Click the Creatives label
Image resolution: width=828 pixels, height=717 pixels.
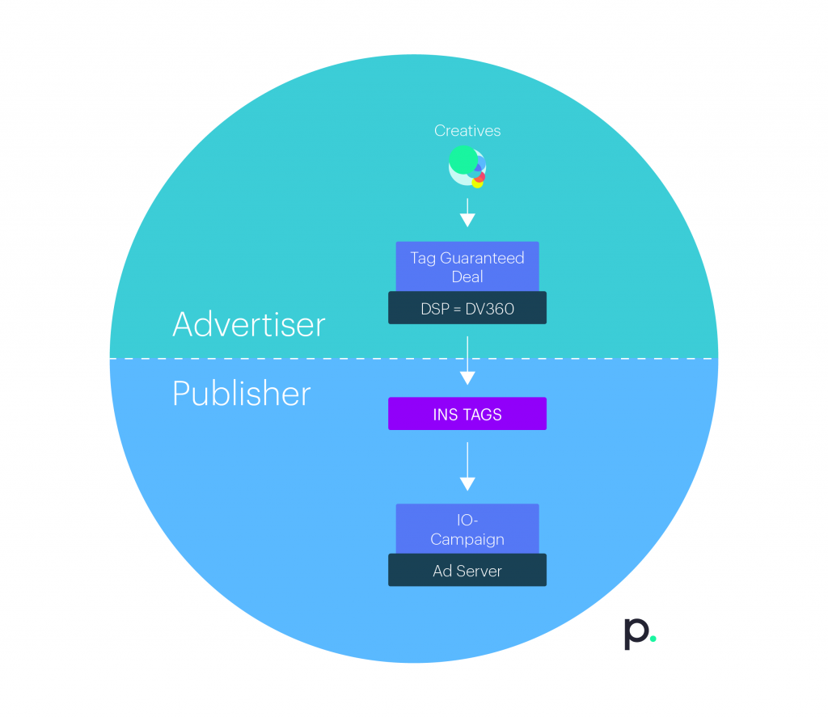click(467, 130)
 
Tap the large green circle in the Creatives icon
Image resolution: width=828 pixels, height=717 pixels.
click(463, 160)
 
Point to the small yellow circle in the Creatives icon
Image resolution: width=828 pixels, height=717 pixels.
click(477, 183)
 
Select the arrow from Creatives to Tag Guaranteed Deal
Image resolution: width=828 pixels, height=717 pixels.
click(467, 213)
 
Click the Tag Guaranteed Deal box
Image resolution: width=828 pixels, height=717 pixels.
click(467, 267)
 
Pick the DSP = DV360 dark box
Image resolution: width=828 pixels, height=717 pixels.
click(467, 308)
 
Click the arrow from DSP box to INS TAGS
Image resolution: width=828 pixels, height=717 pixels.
click(467, 361)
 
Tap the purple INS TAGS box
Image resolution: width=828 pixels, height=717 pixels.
click(467, 414)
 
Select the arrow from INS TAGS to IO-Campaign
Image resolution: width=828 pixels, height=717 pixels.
click(467, 466)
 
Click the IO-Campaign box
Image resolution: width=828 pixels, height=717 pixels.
click(467, 529)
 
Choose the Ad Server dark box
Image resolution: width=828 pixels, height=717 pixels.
click(467, 570)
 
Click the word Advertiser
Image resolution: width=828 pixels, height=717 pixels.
click(249, 324)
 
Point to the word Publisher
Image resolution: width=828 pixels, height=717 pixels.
click(241, 394)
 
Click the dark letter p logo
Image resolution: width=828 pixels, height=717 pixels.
click(636, 634)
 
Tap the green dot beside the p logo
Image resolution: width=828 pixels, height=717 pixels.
click(653, 639)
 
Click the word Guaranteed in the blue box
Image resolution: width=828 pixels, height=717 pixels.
click(482, 258)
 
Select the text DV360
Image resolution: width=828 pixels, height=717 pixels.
click(489, 309)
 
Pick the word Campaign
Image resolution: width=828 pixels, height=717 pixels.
click(467, 540)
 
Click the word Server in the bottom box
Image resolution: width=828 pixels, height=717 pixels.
click(479, 571)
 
